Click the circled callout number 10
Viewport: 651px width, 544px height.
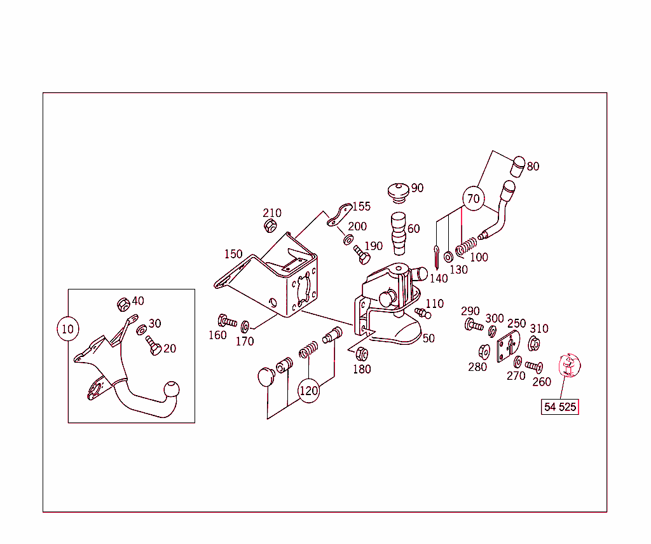click(x=67, y=329)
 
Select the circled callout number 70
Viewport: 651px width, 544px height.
click(x=473, y=199)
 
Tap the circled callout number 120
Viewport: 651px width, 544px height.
click(x=308, y=390)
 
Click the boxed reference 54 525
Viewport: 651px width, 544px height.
click(x=560, y=407)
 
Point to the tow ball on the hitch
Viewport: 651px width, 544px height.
click(x=171, y=389)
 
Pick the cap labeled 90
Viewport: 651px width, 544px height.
click(x=398, y=190)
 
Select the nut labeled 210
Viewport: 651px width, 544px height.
click(x=270, y=225)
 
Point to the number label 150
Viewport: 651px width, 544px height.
click(x=233, y=254)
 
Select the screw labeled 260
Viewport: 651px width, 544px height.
click(x=533, y=367)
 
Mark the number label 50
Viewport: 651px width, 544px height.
click(x=428, y=338)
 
